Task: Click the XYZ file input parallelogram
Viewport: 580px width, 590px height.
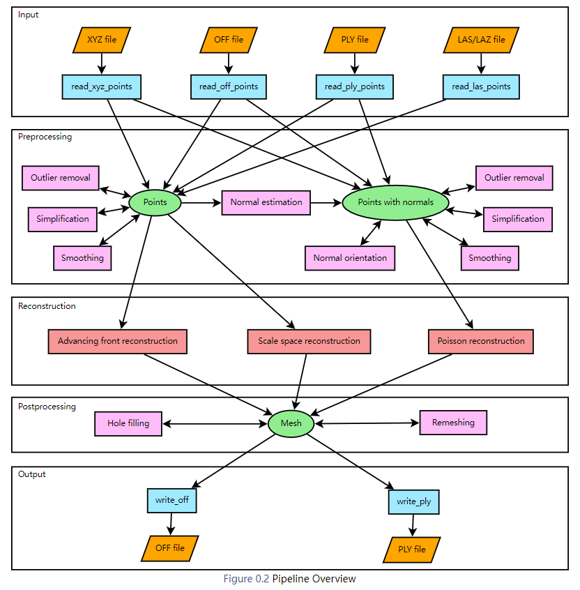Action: click(x=102, y=40)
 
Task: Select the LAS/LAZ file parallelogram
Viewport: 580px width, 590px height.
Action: click(x=480, y=40)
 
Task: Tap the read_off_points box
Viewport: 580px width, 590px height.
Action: click(x=229, y=86)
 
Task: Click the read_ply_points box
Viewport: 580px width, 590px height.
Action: click(x=354, y=86)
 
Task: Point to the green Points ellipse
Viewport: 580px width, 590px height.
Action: click(x=155, y=202)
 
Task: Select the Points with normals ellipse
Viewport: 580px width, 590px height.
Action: click(x=395, y=202)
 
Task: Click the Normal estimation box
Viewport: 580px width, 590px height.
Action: click(x=266, y=202)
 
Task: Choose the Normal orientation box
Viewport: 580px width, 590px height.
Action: click(x=350, y=258)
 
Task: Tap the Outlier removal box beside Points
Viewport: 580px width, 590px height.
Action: click(x=61, y=178)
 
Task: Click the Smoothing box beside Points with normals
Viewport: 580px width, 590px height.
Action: click(x=489, y=258)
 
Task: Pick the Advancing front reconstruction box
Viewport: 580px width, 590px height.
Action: click(x=118, y=341)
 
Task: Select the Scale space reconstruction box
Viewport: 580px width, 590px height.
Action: click(x=309, y=341)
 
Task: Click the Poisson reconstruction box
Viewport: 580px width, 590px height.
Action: click(x=481, y=341)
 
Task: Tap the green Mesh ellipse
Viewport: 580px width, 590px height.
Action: click(x=291, y=423)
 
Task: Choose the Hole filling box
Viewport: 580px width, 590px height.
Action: click(x=128, y=423)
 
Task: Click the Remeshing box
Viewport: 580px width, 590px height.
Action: click(x=453, y=423)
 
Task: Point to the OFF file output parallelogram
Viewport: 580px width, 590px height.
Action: click(x=170, y=548)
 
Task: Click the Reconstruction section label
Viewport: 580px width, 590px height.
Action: click(x=47, y=306)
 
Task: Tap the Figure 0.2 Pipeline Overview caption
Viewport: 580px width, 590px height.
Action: click(x=289, y=579)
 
